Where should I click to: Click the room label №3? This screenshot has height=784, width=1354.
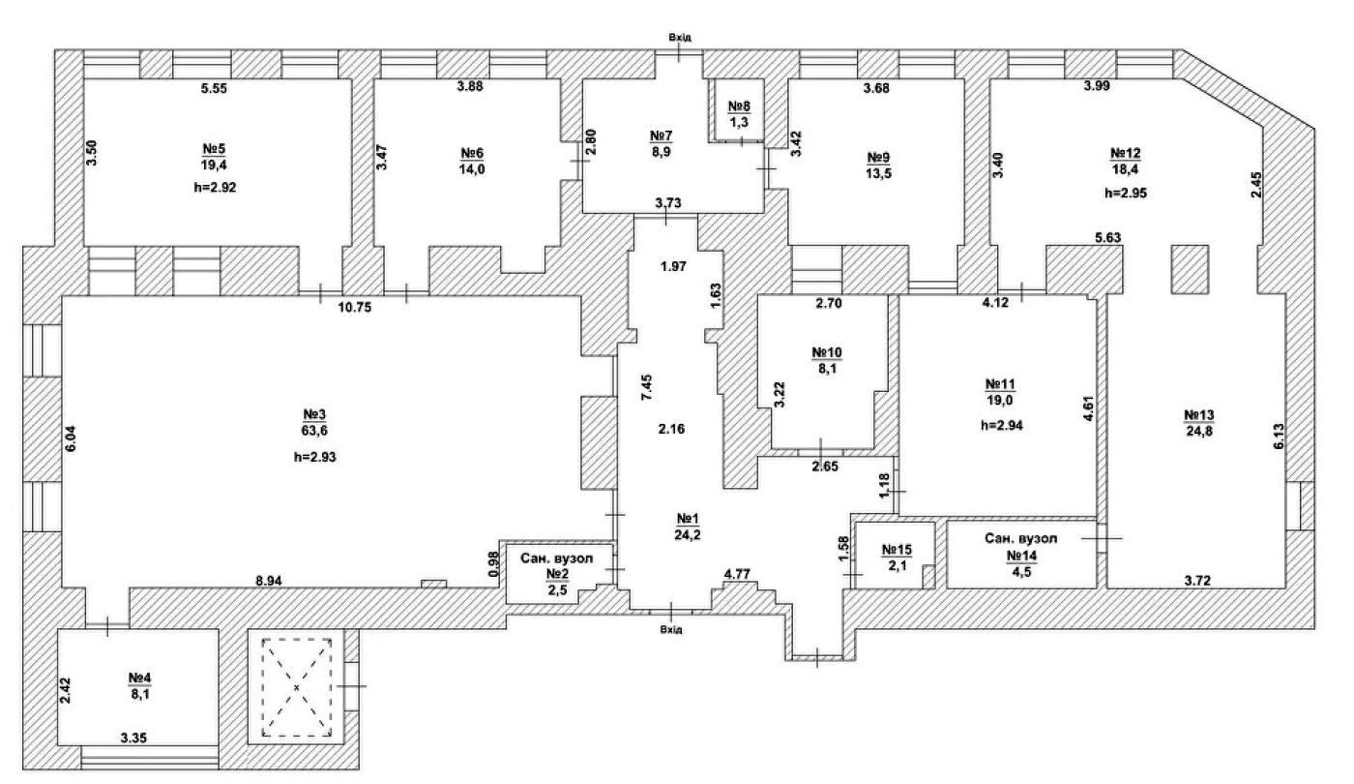pyautogui.click(x=314, y=414)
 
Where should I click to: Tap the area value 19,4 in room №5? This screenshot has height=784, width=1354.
pyautogui.click(x=214, y=164)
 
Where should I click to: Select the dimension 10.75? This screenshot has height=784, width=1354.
pyautogui.click(x=355, y=308)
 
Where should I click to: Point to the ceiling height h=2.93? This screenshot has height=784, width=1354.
pyautogui.click(x=315, y=457)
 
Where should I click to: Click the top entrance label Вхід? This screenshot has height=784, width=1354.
pyautogui.click(x=679, y=38)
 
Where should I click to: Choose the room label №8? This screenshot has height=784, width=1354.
pyautogui.click(x=739, y=106)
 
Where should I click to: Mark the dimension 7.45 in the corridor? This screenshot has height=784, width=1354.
pyautogui.click(x=647, y=387)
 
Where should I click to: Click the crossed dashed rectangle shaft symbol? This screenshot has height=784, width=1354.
pyautogui.click(x=296, y=688)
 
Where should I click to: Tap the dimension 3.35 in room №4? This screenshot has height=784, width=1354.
pyautogui.click(x=133, y=738)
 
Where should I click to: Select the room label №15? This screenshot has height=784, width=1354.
pyautogui.click(x=898, y=550)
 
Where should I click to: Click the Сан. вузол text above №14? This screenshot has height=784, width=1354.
pyautogui.click(x=1021, y=538)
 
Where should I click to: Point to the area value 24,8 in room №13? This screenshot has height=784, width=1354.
pyautogui.click(x=1199, y=432)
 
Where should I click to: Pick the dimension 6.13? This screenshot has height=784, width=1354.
pyautogui.click(x=1279, y=437)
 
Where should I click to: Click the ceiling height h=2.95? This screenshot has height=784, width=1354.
pyautogui.click(x=1126, y=194)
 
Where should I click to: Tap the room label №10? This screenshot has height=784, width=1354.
pyautogui.click(x=826, y=352)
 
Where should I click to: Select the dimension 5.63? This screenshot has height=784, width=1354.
pyautogui.click(x=1108, y=238)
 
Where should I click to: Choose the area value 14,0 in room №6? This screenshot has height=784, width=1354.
pyautogui.click(x=472, y=169)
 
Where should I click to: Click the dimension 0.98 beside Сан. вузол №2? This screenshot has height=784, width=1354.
pyautogui.click(x=494, y=563)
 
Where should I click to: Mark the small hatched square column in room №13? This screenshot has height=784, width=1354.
pyautogui.click(x=1191, y=269)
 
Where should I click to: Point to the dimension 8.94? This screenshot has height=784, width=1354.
pyautogui.click(x=269, y=581)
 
